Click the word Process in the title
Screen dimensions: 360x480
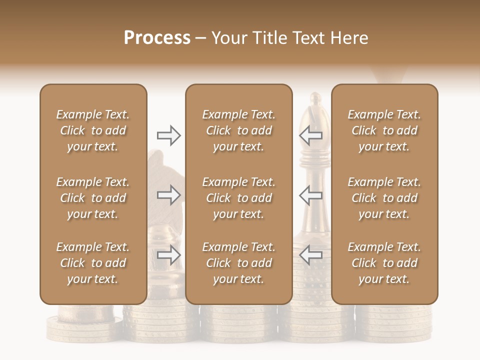pyautogui.click(x=157, y=38)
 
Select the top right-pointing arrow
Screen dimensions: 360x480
pyautogui.click(x=169, y=135)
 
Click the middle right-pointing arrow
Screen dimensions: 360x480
pyautogui.click(x=169, y=195)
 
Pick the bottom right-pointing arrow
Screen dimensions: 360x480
pyautogui.click(x=169, y=255)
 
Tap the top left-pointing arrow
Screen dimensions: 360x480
pyautogui.click(x=311, y=135)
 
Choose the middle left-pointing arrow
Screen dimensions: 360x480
pyautogui.click(x=311, y=195)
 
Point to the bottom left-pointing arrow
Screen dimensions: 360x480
pyautogui.click(x=311, y=255)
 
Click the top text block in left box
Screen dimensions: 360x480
pyautogui.click(x=93, y=130)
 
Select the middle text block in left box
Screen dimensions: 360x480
pyautogui.click(x=93, y=198)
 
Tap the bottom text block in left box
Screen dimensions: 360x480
pyautogui.click(x=93, y=263)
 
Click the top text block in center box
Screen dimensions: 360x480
pyautogui.click(x=239, y=130)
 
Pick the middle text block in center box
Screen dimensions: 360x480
pyautogui.click(x=239, y=198)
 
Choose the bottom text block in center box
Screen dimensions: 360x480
pyautogui.click(x=239, y=263)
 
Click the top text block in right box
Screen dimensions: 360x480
pyautogui.click(x=384, y=130)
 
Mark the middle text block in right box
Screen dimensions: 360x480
pyautogui.click(x=384, y=198)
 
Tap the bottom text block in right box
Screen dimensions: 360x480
pyautogui.click(x=384, y=263)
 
